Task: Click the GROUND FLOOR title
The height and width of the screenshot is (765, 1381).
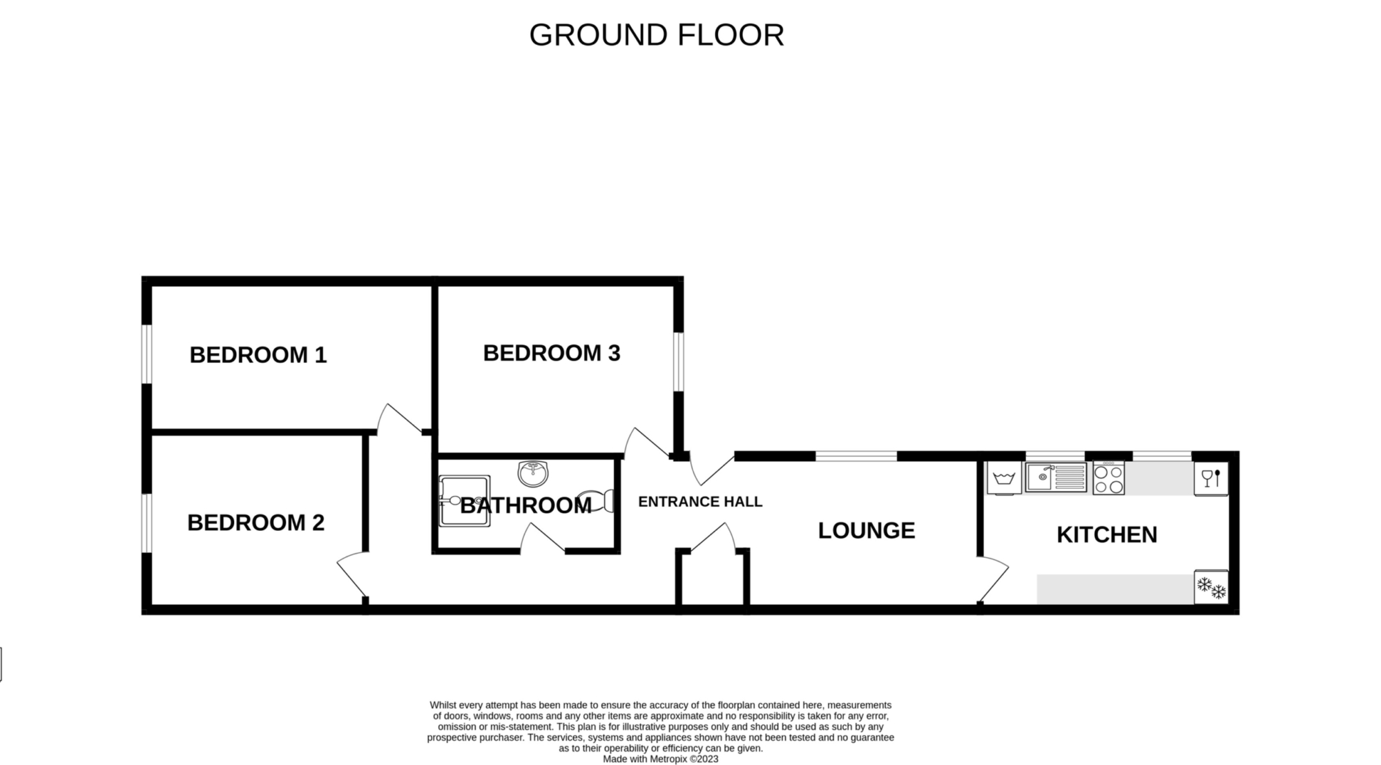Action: tap(657, 35)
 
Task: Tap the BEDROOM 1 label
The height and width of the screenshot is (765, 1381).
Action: tap(258, 355)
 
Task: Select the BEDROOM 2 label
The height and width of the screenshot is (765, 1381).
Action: tap(255, 523)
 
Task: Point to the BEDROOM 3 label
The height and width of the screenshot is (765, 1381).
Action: tap(552, 353)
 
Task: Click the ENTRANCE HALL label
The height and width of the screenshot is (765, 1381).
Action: tap(700, 502)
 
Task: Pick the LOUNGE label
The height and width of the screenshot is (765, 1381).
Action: tap(867, 530)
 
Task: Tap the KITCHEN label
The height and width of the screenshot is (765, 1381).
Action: tap(1107, 534)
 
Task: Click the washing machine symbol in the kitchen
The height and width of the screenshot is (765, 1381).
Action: tap(1004, 478)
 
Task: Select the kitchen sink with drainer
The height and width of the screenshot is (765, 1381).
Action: tap(1056, 477)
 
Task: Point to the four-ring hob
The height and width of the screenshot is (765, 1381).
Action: tap(1108, 478)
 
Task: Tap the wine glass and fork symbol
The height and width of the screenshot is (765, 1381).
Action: tap(1211, 478)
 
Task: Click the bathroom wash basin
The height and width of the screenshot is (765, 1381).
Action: tap(532, 473)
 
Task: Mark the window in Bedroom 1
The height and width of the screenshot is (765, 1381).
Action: tap(146, 354)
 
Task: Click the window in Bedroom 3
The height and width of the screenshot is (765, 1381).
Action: tap(679, 362)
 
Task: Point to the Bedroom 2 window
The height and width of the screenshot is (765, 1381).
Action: tap(146, 523)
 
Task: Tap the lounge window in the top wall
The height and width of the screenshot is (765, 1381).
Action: tap(856, 456)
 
